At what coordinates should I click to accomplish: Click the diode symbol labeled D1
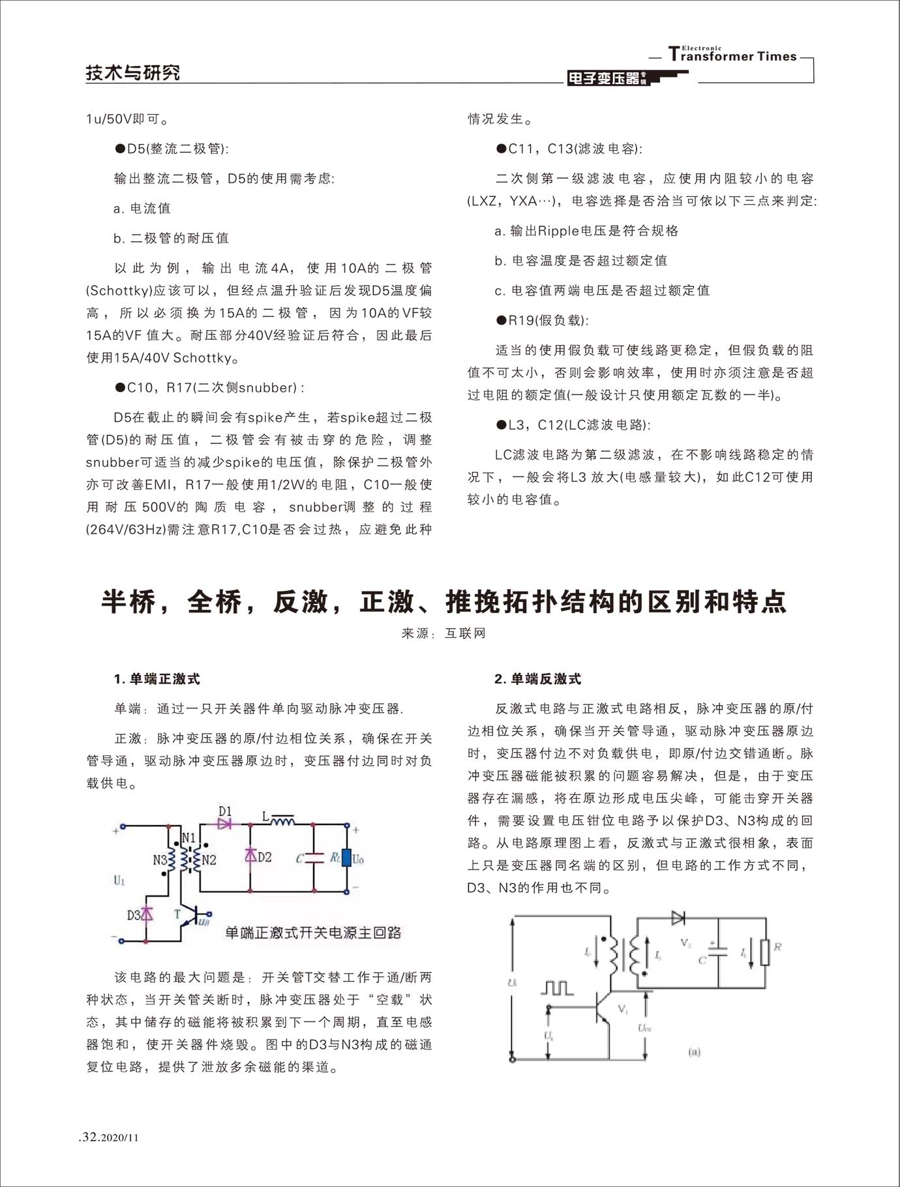coord(225,824)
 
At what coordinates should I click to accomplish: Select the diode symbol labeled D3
coord(147,914)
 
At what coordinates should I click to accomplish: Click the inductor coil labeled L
coord(282,819)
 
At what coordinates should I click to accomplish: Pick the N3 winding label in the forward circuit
coord(160,860)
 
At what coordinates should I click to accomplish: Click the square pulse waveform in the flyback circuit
coord(557,987)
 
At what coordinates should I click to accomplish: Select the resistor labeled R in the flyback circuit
coord(766,952)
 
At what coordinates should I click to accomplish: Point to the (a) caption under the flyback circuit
coord(694,1051)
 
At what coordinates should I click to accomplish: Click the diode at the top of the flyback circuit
coord(678,918)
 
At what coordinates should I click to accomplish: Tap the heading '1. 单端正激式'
coord(157,679)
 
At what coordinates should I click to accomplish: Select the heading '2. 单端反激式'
coord(537,679)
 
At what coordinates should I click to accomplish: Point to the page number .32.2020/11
coord(108,1137)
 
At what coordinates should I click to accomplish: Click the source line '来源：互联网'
coord(443,633)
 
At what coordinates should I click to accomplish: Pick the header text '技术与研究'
coord(133,72)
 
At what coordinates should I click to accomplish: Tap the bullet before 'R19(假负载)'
coord(502,320)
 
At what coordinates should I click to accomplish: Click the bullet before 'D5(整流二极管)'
coord(120,149)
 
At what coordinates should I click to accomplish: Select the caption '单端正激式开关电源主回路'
coord(313,933)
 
